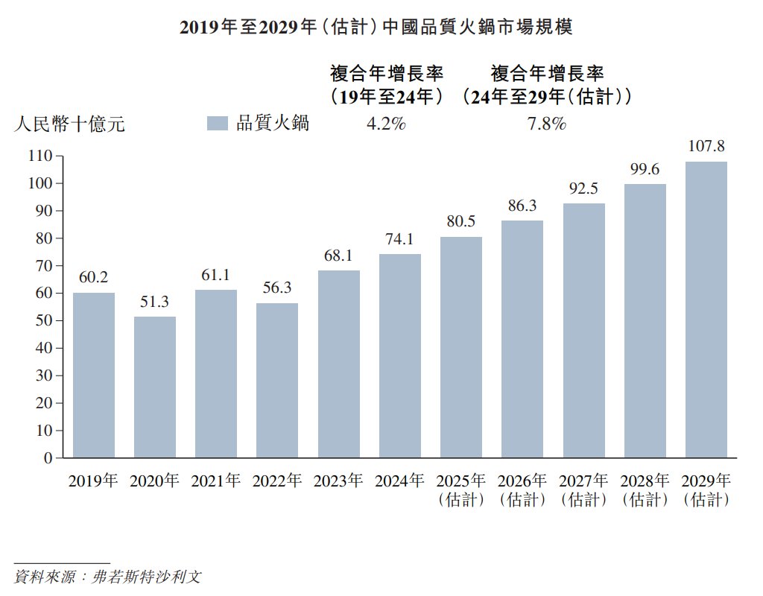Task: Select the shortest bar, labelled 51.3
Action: click(155, 387)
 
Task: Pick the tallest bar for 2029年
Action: click(706, 309)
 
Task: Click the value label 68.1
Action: click(339, 256)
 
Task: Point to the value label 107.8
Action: click(706, 146)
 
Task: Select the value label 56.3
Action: click(277, 288)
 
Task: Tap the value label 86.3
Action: click(522, 206)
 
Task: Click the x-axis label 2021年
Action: click(216, 481)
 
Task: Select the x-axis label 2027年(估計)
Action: click(583, 489)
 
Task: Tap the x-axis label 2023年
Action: click(339, 481)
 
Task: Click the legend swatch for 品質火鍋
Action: click(217, 124)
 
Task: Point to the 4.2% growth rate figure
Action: click(386, 124)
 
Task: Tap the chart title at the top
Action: click(376, 28)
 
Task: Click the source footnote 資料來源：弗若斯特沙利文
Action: click(108, 577)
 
